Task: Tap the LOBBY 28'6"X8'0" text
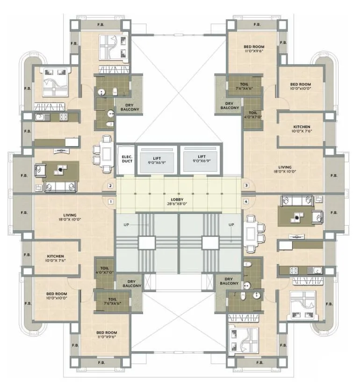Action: [x=179, y=202]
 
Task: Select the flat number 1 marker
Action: [x=110, y=202]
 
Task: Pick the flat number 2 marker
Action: [x=110, y=186]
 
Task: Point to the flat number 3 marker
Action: [x=246, y=186]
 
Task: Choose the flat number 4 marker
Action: [x=246, y=202]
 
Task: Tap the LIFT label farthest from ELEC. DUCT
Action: [x=202, y=160]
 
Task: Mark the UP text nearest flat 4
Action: [x=230, y=225]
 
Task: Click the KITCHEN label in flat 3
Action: [x=302, y=129]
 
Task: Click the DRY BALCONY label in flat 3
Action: [x=229, y=106]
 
